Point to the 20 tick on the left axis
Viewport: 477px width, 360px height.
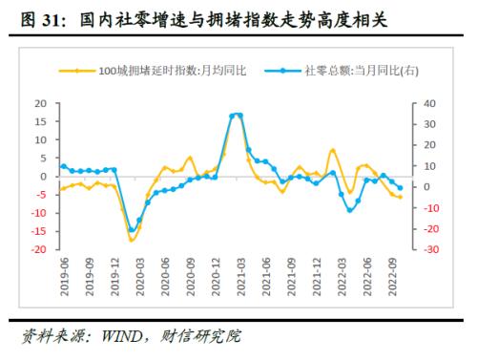click(x=39, y=103)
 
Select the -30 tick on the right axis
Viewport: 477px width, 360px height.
click(x=429, y=249)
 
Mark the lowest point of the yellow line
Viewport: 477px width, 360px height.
click(x=132, y=240)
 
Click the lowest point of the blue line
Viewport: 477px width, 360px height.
click(x=132, y=230)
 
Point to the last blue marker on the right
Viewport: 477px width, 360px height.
click(x=400, y=188)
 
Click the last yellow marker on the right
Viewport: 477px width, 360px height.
click(x=400, y=197)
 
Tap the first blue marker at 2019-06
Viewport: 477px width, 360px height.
click(x=63, y=166)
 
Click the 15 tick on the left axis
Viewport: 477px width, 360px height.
click(x=39, y=121)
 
